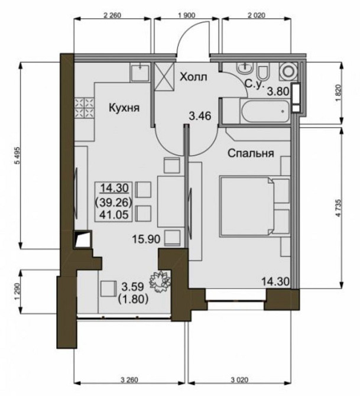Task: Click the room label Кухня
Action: [124, 108]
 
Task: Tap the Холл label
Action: [193, 77]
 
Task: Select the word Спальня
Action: [251, 153]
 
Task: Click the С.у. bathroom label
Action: [254, 85]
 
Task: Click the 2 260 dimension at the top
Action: [112, 15]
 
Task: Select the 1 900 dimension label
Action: [186, 15]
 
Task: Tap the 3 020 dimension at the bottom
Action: [239, 379]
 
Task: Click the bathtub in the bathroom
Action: [265, 111]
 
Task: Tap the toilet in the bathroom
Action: [264, 71]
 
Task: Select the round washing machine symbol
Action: [288, 71]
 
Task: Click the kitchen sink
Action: [140, 72]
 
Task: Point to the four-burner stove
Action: [84, 108]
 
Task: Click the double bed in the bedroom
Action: [247, 207]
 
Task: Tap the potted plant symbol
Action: [160, 281]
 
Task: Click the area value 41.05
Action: [114, 215]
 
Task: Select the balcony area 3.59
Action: [132, 287]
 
